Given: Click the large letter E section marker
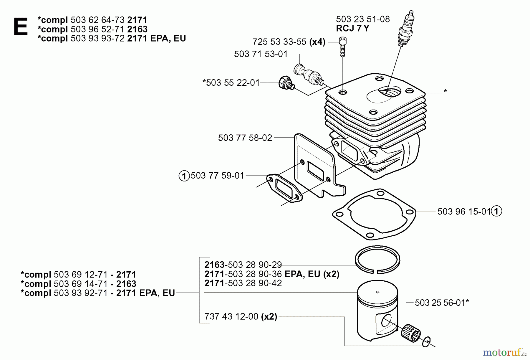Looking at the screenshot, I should pyautogui.click(x=21, y=27).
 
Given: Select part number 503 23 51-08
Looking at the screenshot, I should pyautogui.click(x=363, y=19).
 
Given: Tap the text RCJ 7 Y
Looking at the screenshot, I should pyautogui.click(x=352, y=29).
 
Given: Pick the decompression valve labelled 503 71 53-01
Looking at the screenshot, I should pyautogui.click(x=309, y=75).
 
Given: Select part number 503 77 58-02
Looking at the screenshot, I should pyautogui.click(x=245, y=138).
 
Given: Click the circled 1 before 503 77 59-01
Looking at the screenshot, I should pyautogui.click(x=184, y=176).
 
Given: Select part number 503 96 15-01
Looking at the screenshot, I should pyautogui.click(x=464, y=212).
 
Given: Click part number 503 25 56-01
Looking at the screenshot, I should pyautogui.click(x=442, y=303).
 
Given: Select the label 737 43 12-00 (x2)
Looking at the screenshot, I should pyautogui.click(x=241, y=317).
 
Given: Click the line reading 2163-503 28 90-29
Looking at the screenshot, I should pyautogui.click(x=243, y=265).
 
